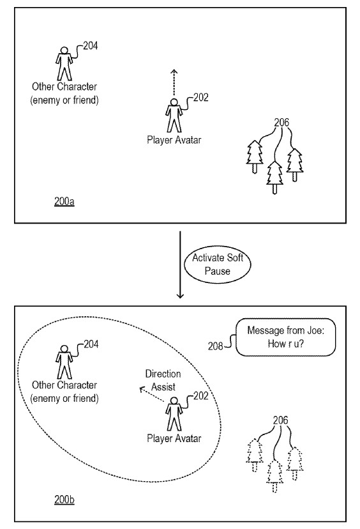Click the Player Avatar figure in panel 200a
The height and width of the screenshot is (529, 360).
(x=173, y=116)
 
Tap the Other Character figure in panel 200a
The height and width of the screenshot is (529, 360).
(x=64, y=63)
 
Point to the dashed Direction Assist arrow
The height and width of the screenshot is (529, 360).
(x=153, y=392)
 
